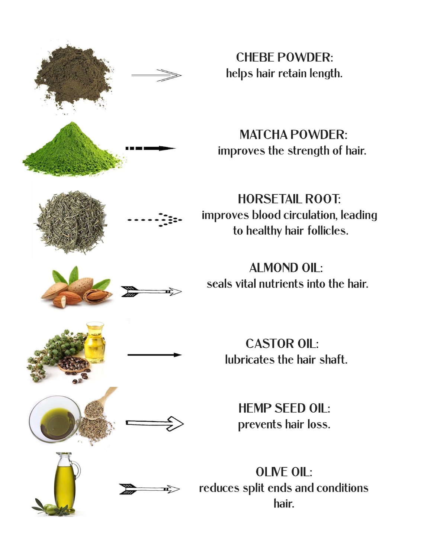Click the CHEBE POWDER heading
(284, 58)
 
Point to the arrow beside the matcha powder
(151, 149)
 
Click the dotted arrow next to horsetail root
(155, 220)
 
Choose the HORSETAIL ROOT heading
(289, 199)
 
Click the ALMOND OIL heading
(286, 268)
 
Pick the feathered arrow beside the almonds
(151, 292)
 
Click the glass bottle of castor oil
(94, 342)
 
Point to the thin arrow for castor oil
(155, 355)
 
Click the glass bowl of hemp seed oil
(55, 419)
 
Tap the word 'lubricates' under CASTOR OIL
(250, 360)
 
